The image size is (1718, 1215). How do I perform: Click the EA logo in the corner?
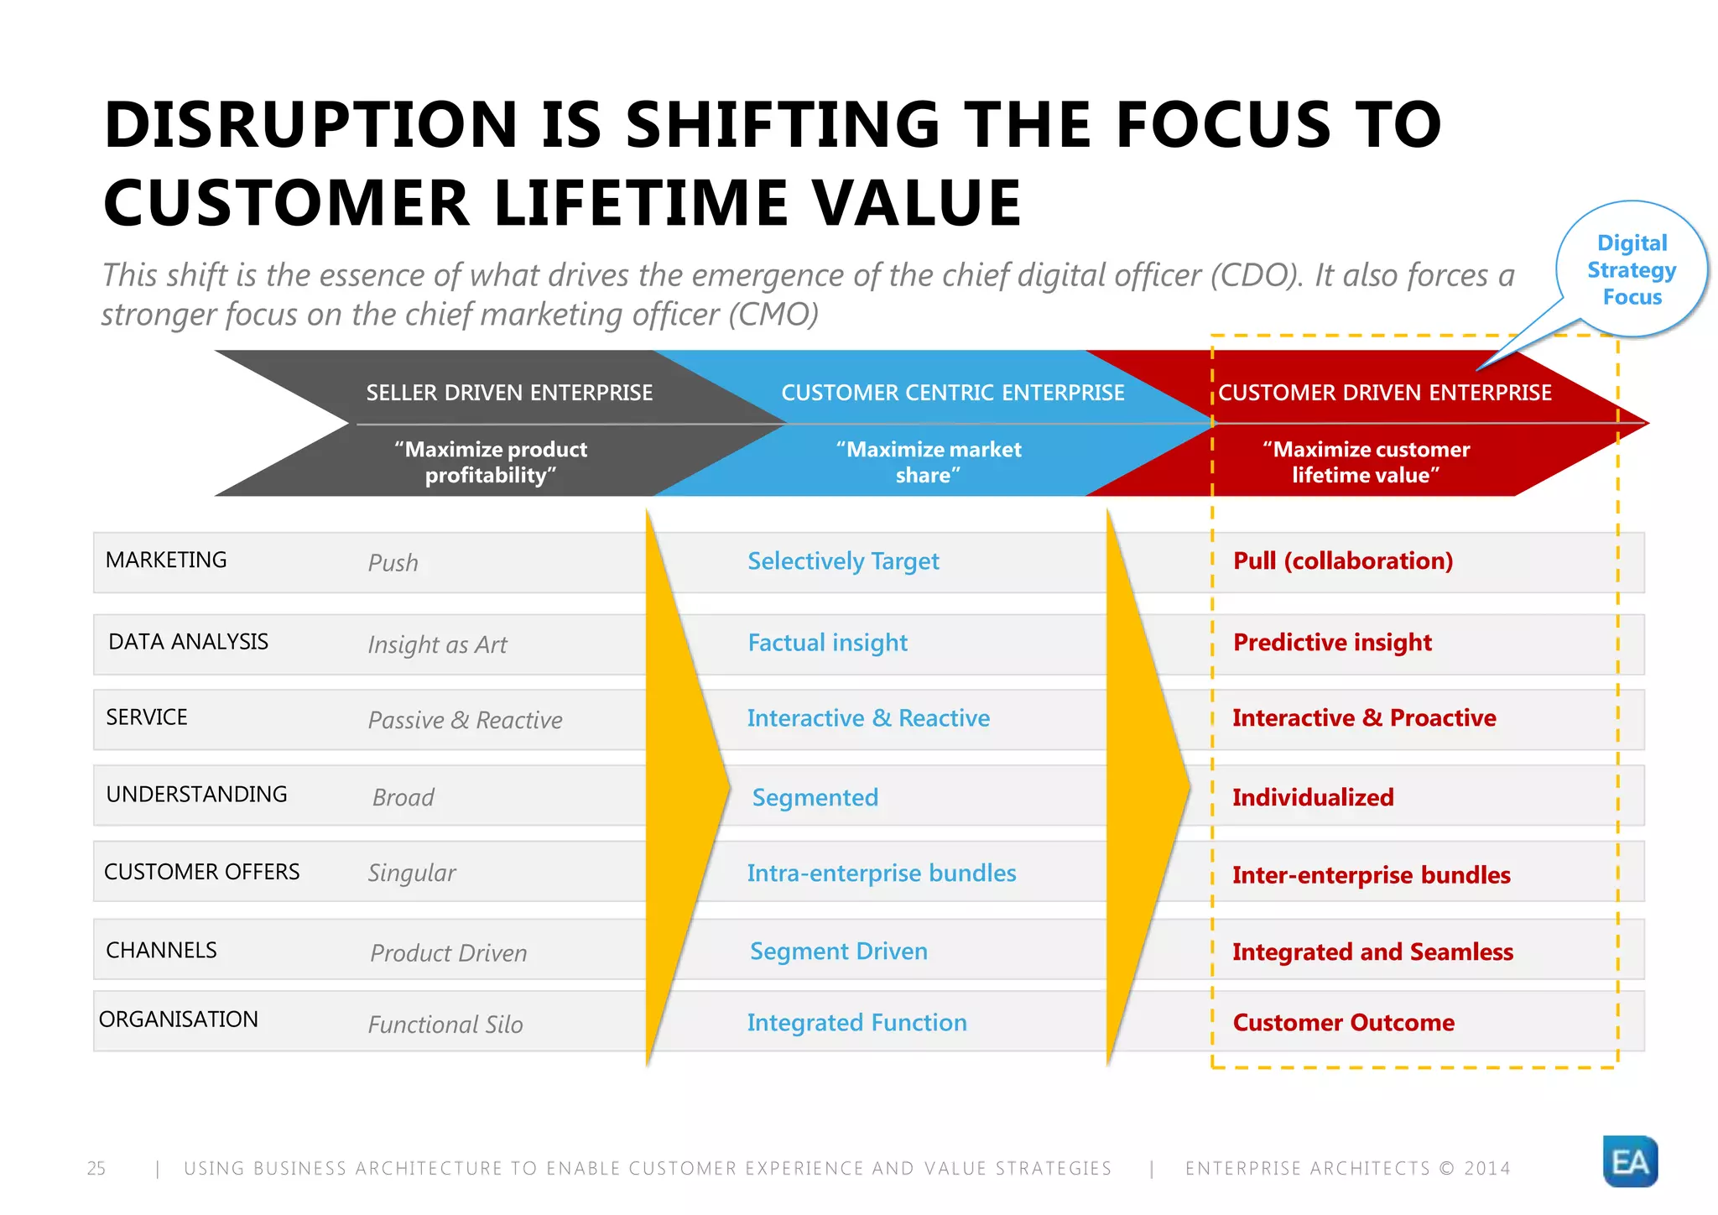point(1629,1161)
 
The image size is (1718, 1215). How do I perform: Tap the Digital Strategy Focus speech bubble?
point(1631,269)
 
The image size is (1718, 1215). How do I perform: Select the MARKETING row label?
point(166,560)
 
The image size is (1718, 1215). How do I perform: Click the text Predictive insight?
point(1331,643)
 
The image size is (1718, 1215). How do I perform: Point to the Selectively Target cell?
point(842,561)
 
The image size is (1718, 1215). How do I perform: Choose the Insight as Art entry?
point(437,644)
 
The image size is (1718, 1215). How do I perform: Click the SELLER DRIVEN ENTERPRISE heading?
point(509,393)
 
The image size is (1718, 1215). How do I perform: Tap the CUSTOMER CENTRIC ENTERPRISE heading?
point(952,393)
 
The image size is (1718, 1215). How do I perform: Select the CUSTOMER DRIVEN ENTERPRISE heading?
point(1384,393)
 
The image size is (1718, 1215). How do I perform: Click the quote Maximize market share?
point(928,462)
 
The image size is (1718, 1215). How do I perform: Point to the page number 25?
point(96,1168)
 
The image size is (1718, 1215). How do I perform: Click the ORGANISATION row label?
point(179,1019)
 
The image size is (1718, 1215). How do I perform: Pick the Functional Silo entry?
point(445,1025)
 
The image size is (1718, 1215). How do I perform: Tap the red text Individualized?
point(1312,797)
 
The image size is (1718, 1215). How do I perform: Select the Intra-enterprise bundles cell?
point(881,873)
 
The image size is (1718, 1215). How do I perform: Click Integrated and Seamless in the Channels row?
point(1372,952)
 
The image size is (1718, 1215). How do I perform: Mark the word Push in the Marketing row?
point(393,563)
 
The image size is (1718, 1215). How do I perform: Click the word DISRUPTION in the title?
point(310,125)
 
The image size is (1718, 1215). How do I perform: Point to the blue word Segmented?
point(815,797)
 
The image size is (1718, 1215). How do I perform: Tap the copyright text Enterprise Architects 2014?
point(1347,1168)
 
